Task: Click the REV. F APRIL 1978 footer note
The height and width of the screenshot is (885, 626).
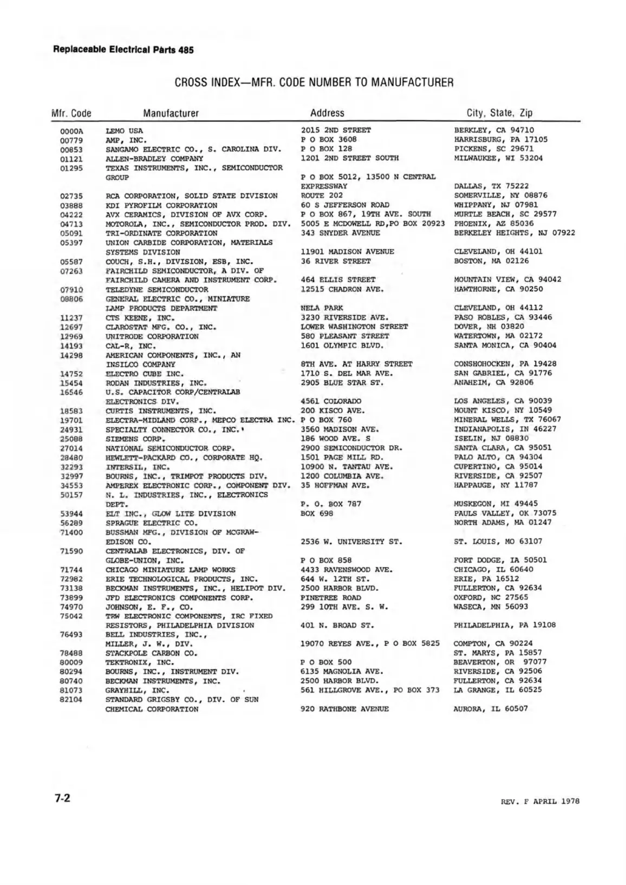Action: pyautogui.click(x=540, y=801)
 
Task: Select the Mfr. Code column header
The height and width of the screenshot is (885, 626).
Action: pyautogui.click(x=71, y=113)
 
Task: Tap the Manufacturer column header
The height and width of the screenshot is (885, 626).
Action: pyautogui.click(x=171, y=113)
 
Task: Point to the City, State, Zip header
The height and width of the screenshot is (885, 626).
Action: pyautogui.click(x=499, y=113)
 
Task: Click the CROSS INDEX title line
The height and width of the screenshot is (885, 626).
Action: pyautogui.click(x=314, y=82)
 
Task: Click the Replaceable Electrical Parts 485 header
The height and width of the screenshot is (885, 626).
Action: pyautogui.click(x=123, y=50)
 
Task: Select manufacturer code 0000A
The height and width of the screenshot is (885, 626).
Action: pyautogui.click(x=71, y=131)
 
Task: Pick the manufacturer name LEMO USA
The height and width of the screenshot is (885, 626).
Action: pyautogui.click(x=124, y=131)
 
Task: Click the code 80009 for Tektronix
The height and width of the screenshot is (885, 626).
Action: pyautogui.click(x=71, y=662)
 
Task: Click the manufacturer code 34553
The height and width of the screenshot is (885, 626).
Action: pyautogui.click(x=71, y=486)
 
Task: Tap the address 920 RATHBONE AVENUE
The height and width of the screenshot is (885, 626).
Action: pyautogui.click(x=344, y=708)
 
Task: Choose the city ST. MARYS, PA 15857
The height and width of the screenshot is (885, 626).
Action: pyautogui.click(x=497, y=653)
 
